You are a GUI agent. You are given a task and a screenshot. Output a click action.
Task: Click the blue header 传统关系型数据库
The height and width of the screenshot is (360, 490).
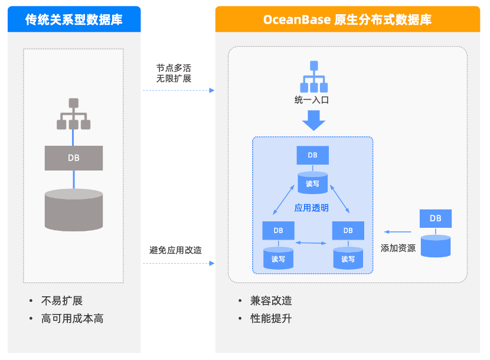pyautogui.click(x=74, y=19)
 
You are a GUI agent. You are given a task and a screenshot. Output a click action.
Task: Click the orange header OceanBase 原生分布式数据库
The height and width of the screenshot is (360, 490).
pyautogui.click(x=347, y=19)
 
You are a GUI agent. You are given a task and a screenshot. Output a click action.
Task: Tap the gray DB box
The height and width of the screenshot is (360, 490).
pyautogui.click(x=74, y=158)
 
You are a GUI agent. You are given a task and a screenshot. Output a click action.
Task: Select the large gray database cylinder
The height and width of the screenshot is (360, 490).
pyautogui.click(x=74, y=210)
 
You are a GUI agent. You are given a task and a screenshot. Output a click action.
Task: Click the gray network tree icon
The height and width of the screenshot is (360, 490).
pyautogui.click(x=73, y=114)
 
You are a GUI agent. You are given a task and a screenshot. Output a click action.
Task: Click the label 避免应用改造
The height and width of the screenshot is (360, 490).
pyautogui.click(x=175, y=250)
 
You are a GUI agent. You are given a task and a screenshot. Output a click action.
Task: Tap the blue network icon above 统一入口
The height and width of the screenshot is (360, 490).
pyautogui.click(x=314, y=75)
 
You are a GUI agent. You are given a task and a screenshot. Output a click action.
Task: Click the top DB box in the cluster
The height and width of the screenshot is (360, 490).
pyautogui.click(x=312, y=155)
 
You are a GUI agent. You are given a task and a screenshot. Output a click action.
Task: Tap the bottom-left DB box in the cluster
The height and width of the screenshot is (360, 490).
pyautogui.click(x=278, y=230)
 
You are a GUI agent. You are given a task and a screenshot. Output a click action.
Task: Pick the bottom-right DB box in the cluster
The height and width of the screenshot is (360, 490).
pyautogui.click(x=348, y=230)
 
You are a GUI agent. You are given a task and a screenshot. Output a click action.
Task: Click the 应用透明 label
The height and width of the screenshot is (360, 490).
pyautogui.click(x=312, y=208)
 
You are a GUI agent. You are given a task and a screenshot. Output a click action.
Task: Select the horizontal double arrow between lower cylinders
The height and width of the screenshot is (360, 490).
pyautogui.click(x=312, y=243)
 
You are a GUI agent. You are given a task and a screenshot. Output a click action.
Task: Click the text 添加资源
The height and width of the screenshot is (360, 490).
pyautogui.click(x=398, y=248)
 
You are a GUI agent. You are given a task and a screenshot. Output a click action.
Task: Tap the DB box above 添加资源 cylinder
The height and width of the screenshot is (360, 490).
pyautogui.click(x=435, y=218)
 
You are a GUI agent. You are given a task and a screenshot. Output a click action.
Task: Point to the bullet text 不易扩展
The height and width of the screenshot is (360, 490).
pyautogui.click(x=62, y=300)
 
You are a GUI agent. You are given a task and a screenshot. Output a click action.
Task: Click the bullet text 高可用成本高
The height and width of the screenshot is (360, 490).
pyautogui.click(x=72, y=319)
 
